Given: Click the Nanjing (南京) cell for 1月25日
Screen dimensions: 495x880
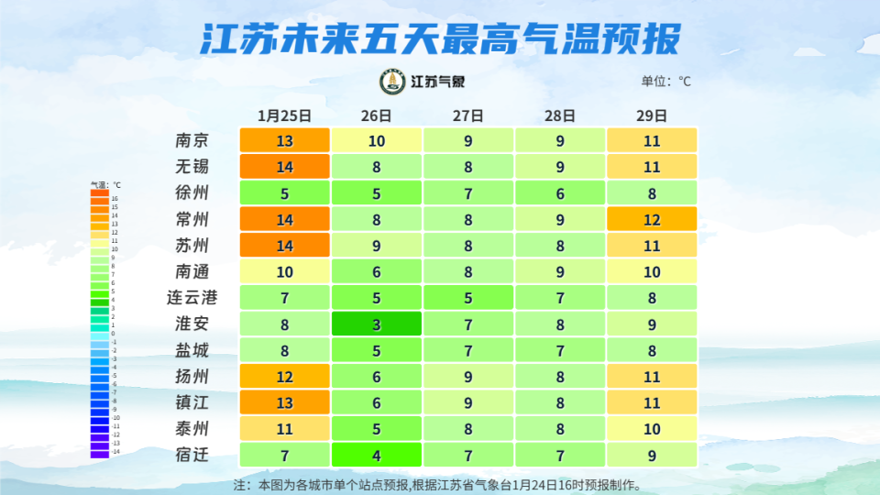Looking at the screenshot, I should click(284, 141).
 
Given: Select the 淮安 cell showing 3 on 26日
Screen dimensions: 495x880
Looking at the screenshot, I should click(376, 324).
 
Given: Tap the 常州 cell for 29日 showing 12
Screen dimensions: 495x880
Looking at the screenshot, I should click(652, 220).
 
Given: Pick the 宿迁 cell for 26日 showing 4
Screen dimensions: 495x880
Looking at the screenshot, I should click(376, 456).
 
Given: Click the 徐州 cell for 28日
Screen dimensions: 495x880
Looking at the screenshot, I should click(559, 193).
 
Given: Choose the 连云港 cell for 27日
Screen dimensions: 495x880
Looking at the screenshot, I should click(467, 298).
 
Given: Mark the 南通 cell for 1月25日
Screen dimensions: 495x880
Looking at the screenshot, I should click(284, 272).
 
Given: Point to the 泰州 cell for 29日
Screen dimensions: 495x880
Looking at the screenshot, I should click(652, 429).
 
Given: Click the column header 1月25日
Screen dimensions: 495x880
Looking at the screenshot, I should click(284, 116).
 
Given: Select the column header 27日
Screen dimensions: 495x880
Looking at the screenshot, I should click(467, 116).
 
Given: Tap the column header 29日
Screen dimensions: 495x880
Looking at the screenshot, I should click(652, 116).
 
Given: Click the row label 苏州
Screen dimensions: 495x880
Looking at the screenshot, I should click(192, 246).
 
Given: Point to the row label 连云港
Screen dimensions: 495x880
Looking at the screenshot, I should click(192, 298).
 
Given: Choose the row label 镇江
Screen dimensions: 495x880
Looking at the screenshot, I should click(192, 402).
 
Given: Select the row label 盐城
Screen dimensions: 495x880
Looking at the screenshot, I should click(192, 350).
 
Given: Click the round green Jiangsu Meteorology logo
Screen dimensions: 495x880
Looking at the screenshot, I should click(393, 82).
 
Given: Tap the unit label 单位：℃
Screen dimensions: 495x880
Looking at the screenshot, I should click(666, 82).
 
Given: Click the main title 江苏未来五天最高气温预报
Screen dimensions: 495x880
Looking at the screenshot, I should click(440, 38).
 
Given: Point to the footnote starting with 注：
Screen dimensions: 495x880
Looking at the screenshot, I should click(438, 484).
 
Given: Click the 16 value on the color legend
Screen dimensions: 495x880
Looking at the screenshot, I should click(115, 198).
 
